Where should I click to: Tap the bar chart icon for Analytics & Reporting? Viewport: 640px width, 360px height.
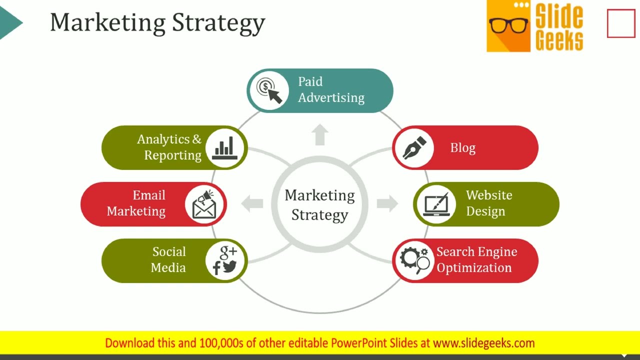[x=225, y=148]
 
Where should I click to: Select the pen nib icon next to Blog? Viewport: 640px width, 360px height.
[x=414, y=147]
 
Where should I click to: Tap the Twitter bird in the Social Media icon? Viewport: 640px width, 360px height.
[x=229, y=266]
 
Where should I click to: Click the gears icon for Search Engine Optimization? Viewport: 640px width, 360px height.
[x=414, y=260]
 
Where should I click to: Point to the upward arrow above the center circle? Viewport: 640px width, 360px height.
[x=320, y=134]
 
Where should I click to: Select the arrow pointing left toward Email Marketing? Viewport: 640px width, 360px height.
[x=252, y=203]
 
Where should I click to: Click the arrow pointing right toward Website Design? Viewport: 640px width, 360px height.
[x=387, y=203]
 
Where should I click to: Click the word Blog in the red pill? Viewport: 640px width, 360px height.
[x=462, y=148]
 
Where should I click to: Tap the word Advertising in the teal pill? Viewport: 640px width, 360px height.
[x=331, y=98]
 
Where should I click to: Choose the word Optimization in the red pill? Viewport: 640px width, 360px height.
[x=474, y=268]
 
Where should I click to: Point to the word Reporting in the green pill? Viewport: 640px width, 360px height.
[x=172, y=155]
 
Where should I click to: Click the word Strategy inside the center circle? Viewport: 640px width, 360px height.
[x=319, y=215]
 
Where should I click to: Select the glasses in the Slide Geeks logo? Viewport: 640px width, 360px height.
[x=508, y=25]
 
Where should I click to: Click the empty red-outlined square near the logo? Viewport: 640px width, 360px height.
[x=621, y=23]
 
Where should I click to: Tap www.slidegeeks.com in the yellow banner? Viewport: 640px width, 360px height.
[x=483, y=343]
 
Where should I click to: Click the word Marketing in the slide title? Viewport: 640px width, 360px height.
[x=107, y=23]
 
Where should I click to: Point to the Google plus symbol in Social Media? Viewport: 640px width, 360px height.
[x=228, y=251]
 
